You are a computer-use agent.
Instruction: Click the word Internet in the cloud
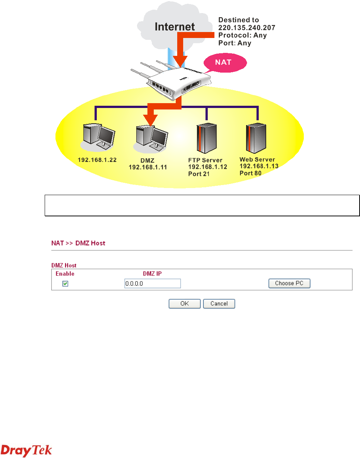pyautogui.click(x=174, y=27)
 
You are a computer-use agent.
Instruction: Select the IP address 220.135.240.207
pyautogui.click(x=246, y=28)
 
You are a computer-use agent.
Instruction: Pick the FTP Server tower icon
pyautogui.click(x=206, y=139)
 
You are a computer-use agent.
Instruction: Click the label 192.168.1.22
pyautogui.click(x=97, y=160)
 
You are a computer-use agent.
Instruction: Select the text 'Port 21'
pyautogui.click(x=200, y=174)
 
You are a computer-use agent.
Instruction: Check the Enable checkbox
pyautogui.click(x=65, y=284)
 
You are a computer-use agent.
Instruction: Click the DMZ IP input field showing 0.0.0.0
pyautogui.click(x=152, y=284)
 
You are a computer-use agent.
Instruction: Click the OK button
pyautogui.click(x=185, y=303)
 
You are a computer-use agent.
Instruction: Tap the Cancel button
pyautogui.click(x=219, y=303)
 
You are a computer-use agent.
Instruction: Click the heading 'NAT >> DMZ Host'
pyautogui.click(x=78, y=243)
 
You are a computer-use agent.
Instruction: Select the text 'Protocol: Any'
pyautogui.click(x=242, y=35)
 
